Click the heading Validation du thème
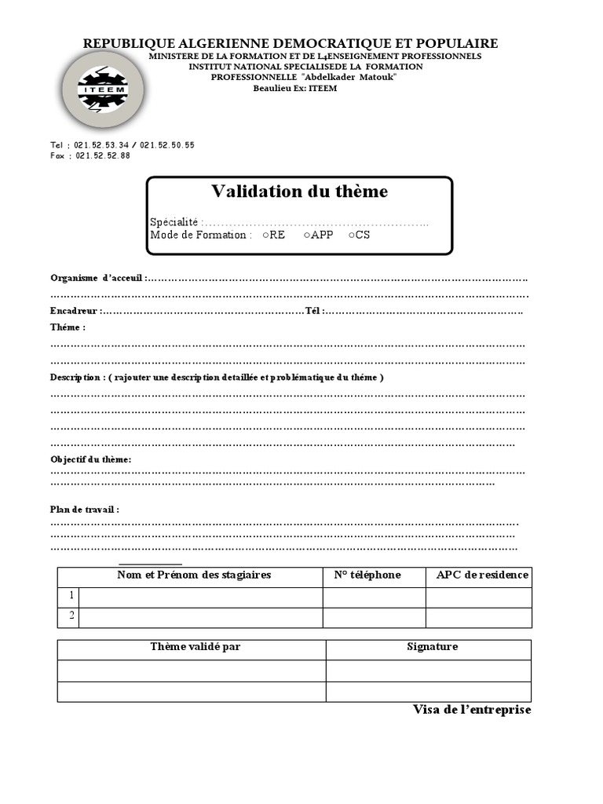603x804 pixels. click(299, 192)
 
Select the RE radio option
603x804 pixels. click(267, 235)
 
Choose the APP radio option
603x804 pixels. click(307, 235)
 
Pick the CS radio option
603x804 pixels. click(352, 235)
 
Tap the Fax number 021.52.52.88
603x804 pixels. click(103, 155)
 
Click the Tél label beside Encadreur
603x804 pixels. click(313, 311)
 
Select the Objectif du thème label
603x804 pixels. click(90, 459)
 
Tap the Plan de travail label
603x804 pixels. click(84, 510)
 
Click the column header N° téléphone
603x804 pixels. click(367, 575)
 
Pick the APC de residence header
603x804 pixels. click(482, 575)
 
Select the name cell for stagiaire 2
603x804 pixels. click(201, 617)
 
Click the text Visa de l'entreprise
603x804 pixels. click(472, 710)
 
